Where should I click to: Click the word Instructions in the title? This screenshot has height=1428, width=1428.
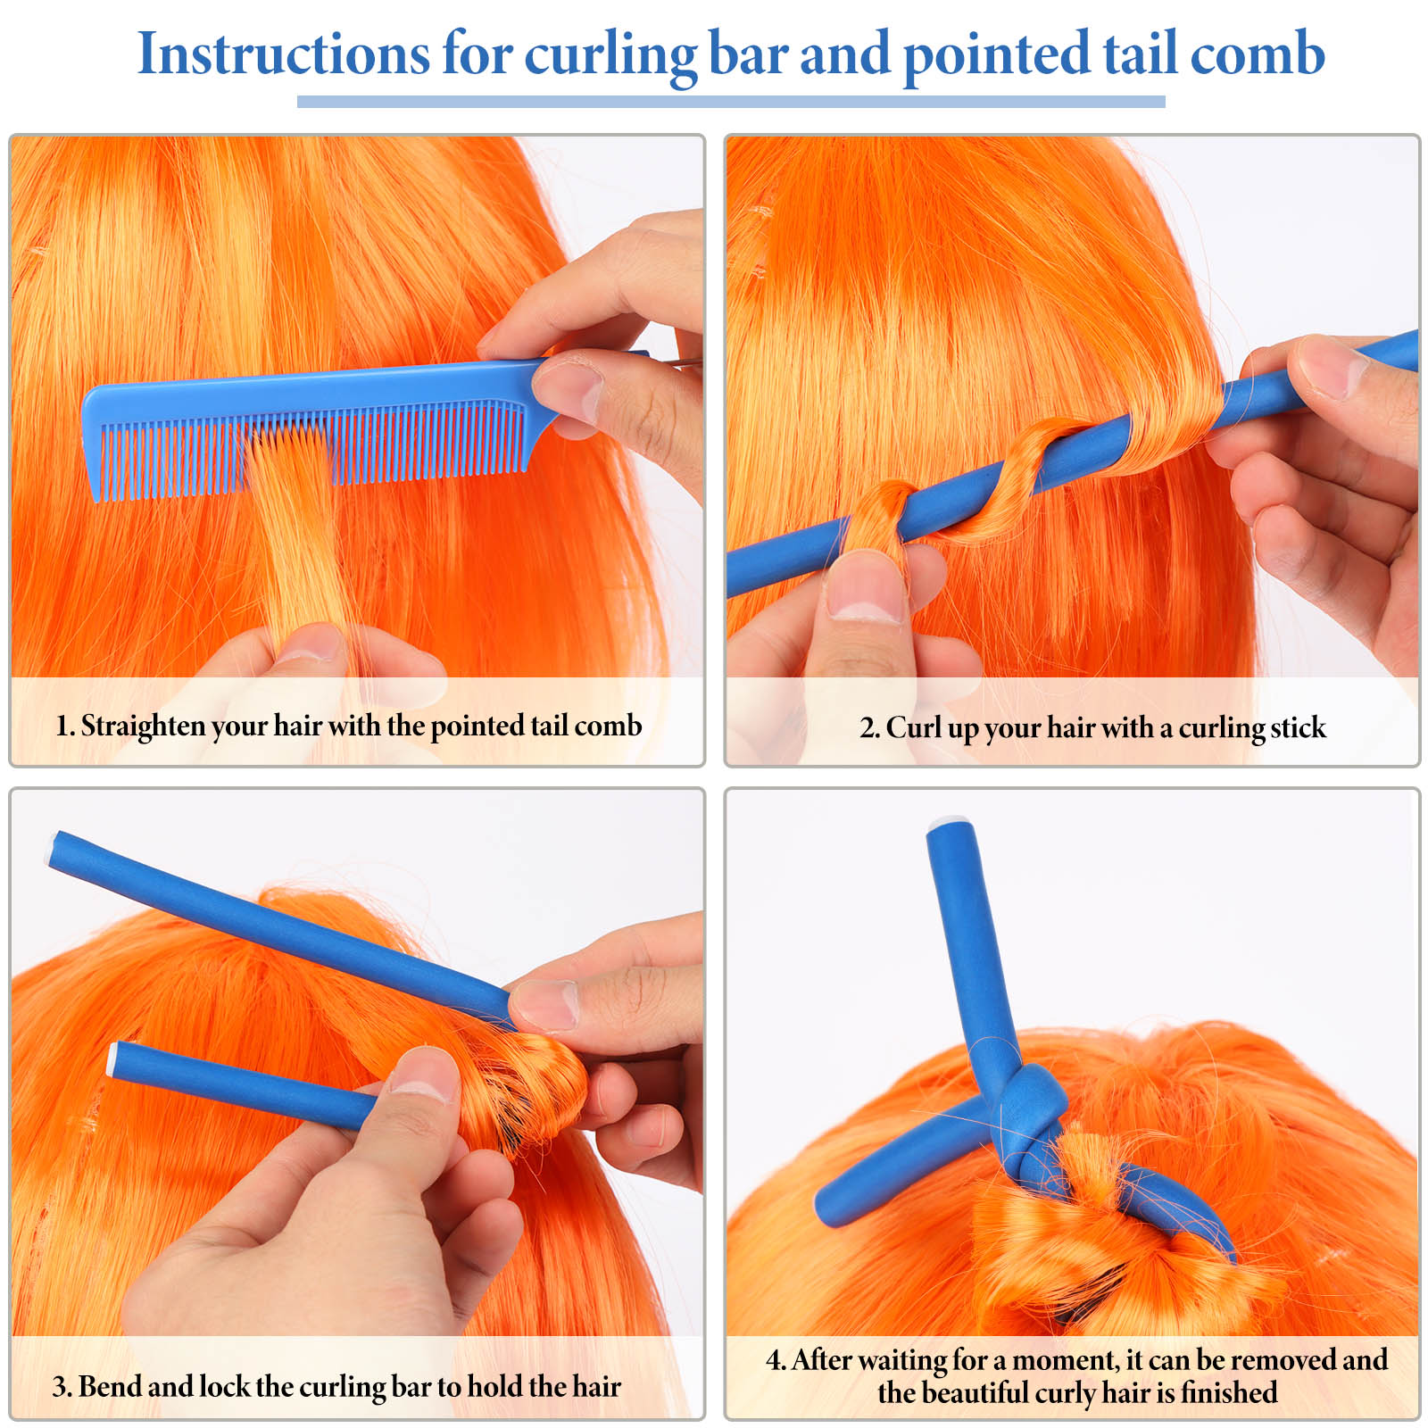click(x=284, y=54)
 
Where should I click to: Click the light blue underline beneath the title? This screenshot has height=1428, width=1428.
click(x=731, y=102)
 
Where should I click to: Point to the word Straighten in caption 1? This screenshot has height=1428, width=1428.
click(x=143, y=726)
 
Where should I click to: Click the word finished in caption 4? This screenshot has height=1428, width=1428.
click(x=1229, y=1392)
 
